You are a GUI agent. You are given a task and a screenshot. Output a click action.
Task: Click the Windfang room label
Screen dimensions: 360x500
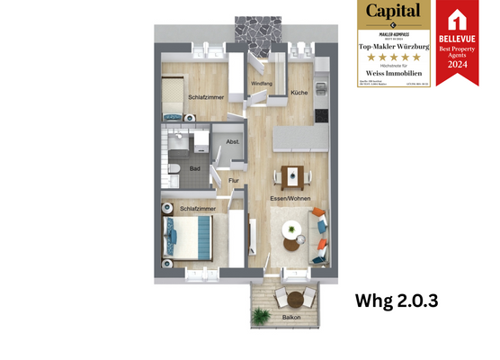point(261,85)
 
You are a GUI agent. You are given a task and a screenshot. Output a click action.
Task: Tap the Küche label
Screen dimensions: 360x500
point(298,93)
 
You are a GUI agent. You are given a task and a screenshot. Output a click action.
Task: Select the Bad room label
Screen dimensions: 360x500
point(194,166)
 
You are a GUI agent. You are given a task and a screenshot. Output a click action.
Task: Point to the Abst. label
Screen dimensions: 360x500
point(232,142)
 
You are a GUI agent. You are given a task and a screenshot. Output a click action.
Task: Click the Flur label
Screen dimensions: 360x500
point(233,181)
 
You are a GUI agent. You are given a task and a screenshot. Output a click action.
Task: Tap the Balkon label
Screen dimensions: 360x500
point(290,319)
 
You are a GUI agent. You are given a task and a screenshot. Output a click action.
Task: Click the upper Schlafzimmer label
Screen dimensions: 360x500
point(206,97)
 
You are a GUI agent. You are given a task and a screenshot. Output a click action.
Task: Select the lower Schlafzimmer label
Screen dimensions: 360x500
point(197,209)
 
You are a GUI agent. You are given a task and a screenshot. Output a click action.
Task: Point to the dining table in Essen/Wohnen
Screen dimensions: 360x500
point(291,174)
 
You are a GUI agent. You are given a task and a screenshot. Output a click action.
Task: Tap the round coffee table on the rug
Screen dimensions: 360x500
point(292,229)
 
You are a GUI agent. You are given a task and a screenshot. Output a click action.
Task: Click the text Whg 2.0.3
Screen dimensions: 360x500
point(396,301)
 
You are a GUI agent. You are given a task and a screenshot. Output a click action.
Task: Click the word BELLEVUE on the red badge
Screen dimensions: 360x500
point(457,40)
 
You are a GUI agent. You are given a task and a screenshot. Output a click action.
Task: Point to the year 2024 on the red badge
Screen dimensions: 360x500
point(457,65)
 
